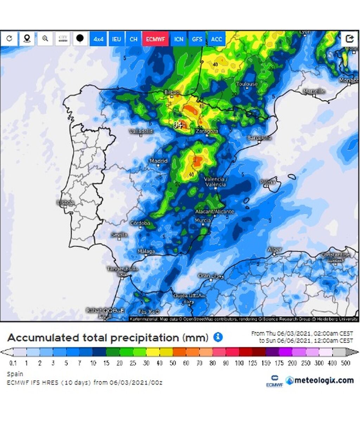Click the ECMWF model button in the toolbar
[x=155, y=39]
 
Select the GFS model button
[x=197, y=39]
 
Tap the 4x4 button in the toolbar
[x=98, y=39]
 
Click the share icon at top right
[x=349, y=39]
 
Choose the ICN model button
[x=179, y=39]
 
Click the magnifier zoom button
[x=45, y=39]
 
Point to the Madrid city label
[x=159, y=161]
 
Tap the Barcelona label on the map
[x=259, y=138]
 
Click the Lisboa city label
[x=65, y=203]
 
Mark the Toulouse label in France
[x=247, y=84]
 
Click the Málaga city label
[x=146, y=251]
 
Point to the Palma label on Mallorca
[x=268, y=182]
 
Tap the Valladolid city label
[x=141, y=131]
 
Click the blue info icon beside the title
[x=218, y=337]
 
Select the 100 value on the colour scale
[x=239, y=363]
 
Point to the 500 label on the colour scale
[x=346, y=363]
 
